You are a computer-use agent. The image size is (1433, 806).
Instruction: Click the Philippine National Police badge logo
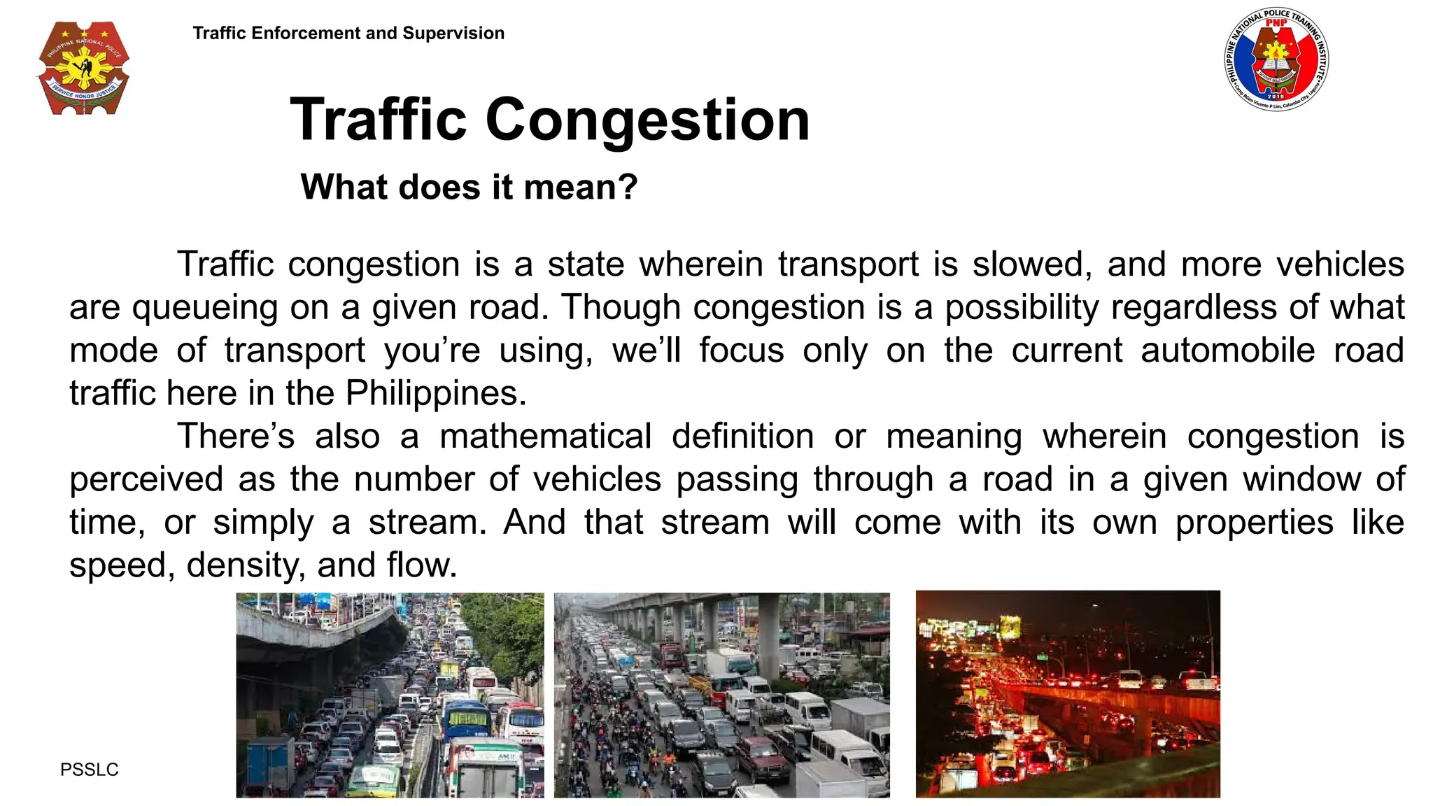coord(83,69)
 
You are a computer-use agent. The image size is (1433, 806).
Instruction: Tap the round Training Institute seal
coord(1276,61)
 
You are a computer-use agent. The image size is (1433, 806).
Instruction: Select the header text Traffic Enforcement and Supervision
coord(348,33)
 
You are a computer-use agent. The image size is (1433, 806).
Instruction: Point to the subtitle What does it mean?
coord(469,187)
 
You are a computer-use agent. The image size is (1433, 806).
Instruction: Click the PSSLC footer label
coord(90,770)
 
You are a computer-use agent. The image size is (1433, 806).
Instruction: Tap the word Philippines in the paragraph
coord(435,393)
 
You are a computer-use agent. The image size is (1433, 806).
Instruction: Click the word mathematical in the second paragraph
coord(546,437)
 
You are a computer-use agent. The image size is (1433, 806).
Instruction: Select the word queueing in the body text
coord(205,308)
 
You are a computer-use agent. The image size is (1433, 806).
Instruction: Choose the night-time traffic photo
coord(1068,693)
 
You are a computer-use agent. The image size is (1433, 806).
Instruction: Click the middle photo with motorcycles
coord(721,695)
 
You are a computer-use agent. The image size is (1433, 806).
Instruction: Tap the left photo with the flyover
coord(390,695)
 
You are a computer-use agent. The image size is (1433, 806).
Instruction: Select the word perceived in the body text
coord(146,480)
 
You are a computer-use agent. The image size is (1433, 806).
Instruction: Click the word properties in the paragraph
coord(1254,523)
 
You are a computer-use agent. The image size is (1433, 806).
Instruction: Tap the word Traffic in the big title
coord(379,120)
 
